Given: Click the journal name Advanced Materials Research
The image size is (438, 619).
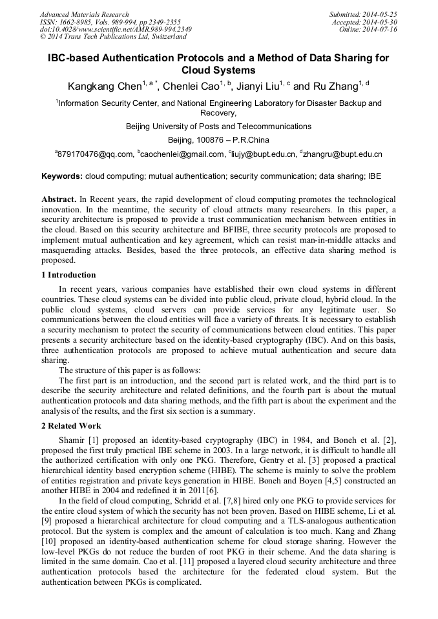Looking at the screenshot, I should (84, 14).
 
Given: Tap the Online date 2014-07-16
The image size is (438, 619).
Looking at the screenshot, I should (381, 30).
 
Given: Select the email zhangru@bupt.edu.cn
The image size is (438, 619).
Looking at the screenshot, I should (343, 154).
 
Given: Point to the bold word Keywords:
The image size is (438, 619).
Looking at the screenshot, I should (62, 176).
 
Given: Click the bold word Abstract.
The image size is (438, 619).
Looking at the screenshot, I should (59, 200).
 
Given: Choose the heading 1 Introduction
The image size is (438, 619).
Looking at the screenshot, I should (68, 275).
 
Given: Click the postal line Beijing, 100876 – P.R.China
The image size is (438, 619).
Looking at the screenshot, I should (218, 139).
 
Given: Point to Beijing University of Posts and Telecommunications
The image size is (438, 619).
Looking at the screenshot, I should (218, 126).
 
